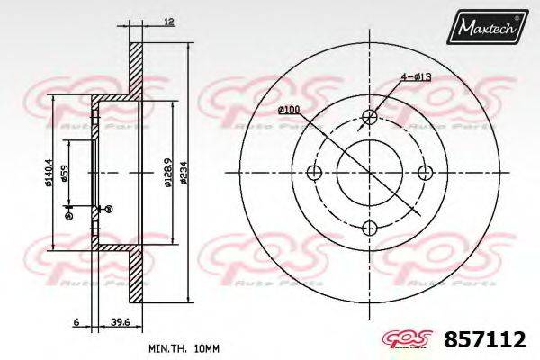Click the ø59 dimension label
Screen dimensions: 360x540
point(66,174)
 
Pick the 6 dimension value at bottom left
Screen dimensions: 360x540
point(77,320)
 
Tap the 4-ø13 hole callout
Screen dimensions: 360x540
point(418,77)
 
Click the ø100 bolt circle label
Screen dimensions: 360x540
point(289,110)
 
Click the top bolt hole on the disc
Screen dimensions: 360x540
point(370,116)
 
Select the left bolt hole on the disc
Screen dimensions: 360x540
point(314,172)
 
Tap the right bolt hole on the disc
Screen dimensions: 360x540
point(426,172)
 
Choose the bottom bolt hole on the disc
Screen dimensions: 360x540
point(370,228)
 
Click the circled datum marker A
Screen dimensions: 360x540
point(67,211)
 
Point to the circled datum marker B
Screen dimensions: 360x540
point(108,209)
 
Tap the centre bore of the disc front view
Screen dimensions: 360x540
point(370,172)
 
